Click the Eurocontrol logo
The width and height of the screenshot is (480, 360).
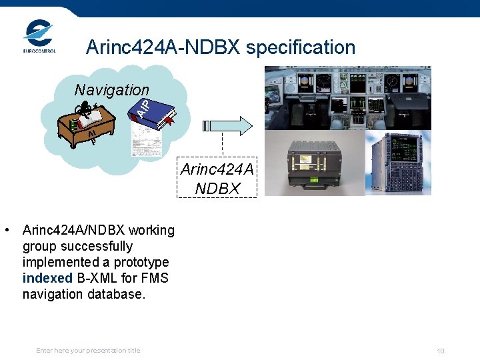tap(39, 37)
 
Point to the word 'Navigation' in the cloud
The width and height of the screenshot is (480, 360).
tap(111, 89)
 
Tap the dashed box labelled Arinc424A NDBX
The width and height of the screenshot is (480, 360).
tap(217, 178)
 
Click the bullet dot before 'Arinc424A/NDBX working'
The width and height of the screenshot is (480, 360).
tap(6, 231)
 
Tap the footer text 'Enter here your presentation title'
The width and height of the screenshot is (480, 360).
tap(88, 350)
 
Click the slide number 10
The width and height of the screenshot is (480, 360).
tap(441, 351)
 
